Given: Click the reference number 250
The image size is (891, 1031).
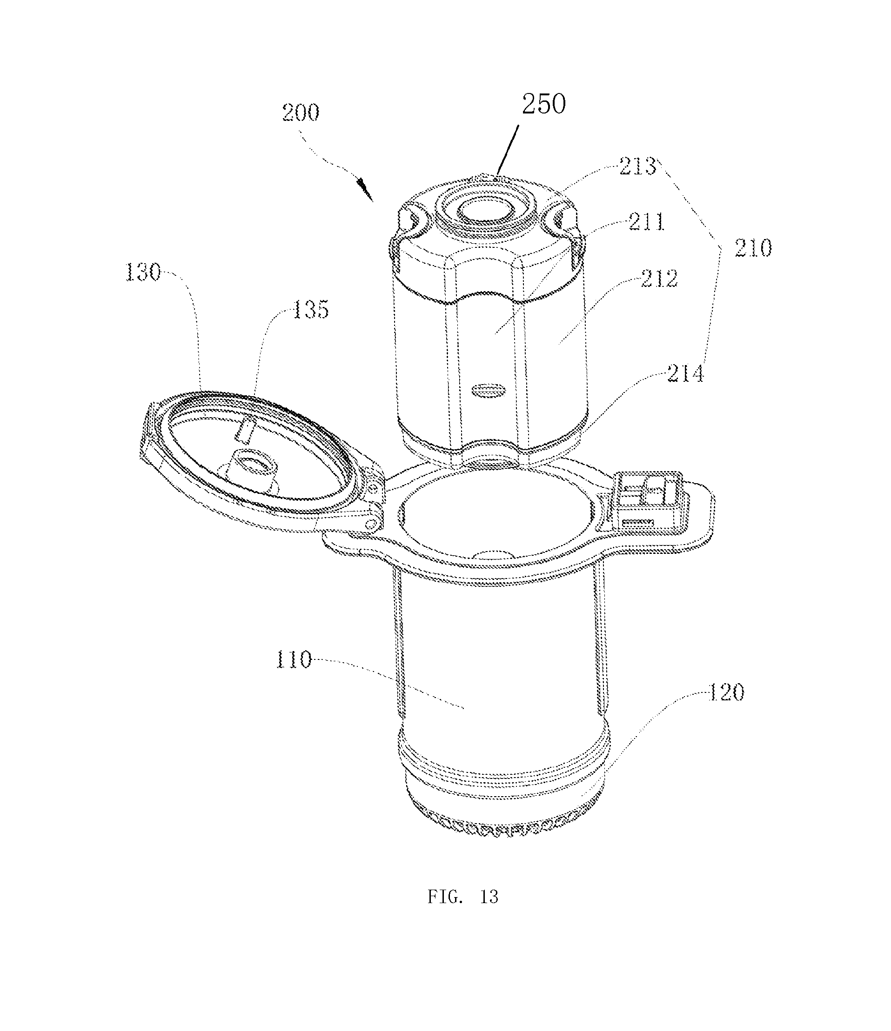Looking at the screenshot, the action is (x=543, y=105).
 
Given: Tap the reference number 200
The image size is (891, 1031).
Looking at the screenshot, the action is (x=301, y=113).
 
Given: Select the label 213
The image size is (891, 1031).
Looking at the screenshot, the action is (x=637, y=166).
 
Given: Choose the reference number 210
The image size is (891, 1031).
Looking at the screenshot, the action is (x=753, y=247).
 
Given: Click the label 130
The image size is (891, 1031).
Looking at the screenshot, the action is (x=143, y=272).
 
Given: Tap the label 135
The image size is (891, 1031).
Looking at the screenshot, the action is (x=311, y=310).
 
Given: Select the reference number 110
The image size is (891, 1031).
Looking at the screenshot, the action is (x=294, y=660).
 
